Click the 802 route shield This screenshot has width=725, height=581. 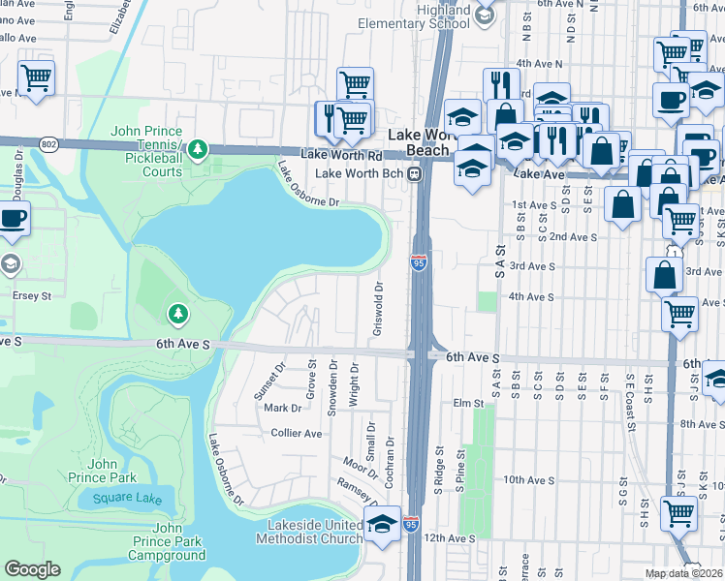48,144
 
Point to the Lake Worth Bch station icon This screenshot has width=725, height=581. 414,173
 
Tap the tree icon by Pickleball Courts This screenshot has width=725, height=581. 198,148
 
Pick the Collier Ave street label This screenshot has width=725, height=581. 296,433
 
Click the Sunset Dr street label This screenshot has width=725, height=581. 281,380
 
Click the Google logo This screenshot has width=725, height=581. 32,569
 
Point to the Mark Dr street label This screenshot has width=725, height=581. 282,408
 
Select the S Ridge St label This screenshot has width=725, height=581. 438,463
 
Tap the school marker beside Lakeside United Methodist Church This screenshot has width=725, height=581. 383,526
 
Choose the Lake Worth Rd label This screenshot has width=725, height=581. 340,154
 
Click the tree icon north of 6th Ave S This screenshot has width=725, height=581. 177,312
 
